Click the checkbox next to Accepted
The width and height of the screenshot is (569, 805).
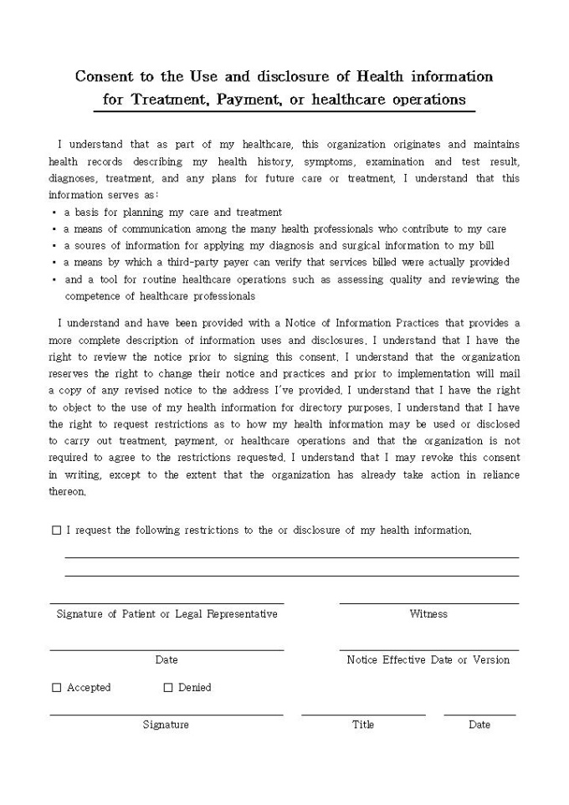[57, 688]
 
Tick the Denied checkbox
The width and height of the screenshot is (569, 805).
[168, 688]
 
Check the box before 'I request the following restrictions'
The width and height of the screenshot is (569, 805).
[57, 531]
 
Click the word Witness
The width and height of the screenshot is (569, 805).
[428, 614]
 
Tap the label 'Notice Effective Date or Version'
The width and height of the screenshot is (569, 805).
[428, 660]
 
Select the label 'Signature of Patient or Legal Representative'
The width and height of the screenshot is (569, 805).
[167, 614]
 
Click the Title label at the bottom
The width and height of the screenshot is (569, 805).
[363, 725]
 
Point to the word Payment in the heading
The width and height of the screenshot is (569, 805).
[248, 100]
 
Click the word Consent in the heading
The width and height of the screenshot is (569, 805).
[104, 77]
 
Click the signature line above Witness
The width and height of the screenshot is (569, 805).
[428, 603]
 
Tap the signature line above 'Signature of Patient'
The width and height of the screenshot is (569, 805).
[167, 603]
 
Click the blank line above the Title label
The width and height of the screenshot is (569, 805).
[363, 715]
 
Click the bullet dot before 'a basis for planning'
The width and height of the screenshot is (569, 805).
[54, 213]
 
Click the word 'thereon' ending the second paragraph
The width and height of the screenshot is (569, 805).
[66, 492]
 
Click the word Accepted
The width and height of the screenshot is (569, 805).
[89, 688]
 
